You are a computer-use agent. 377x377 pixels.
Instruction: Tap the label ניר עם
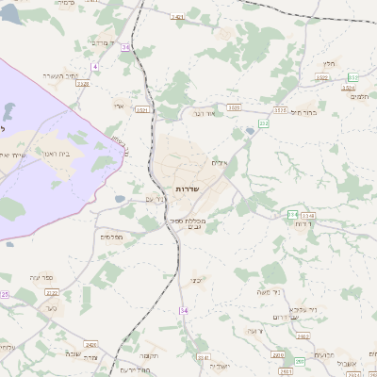156,199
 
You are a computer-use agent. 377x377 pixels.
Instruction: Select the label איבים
219,162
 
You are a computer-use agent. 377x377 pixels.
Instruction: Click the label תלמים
359,96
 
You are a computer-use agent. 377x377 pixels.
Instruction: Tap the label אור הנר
204,114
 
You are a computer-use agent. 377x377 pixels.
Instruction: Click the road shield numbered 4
94,67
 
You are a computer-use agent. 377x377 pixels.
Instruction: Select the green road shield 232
264,122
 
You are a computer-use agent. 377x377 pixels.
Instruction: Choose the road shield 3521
141,109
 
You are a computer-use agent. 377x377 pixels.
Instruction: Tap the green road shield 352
353,76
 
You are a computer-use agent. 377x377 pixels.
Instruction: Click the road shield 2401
177,17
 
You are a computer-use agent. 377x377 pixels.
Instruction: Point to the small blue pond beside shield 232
249,132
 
